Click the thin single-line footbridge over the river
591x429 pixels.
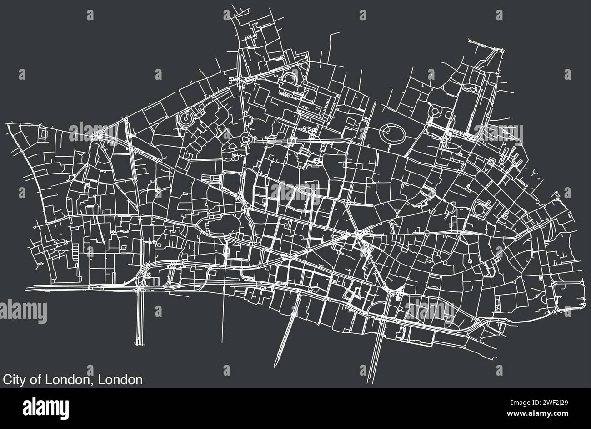point(223,319)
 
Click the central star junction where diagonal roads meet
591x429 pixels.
point(358,235)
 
